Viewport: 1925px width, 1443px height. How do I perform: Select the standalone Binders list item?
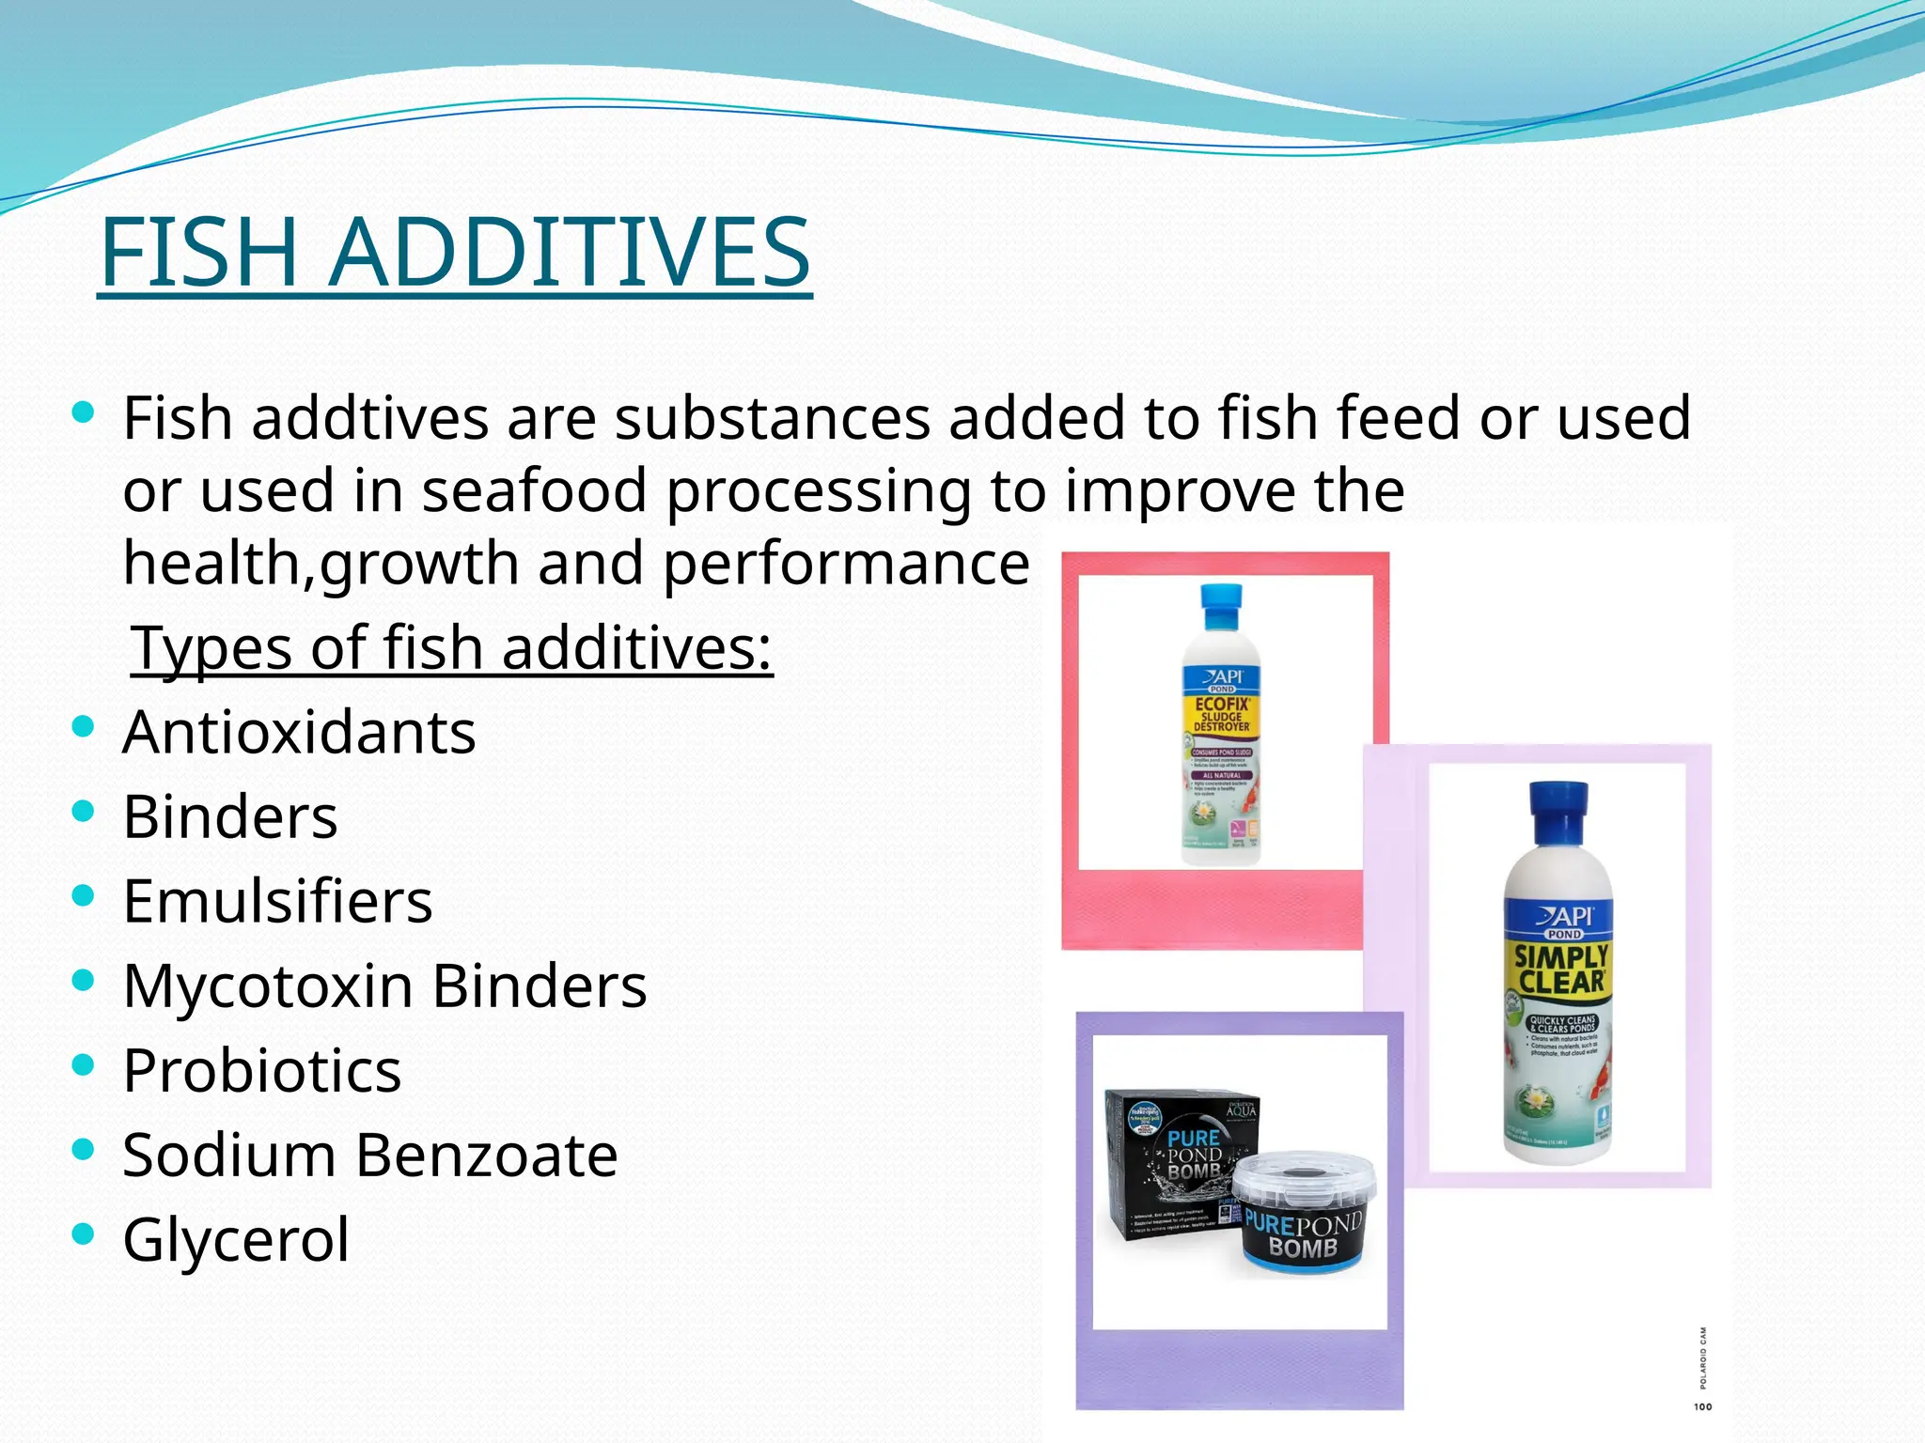[230, 816]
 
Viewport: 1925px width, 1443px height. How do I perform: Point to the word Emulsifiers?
[277, 901]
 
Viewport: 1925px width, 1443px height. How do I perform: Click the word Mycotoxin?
[268, 986]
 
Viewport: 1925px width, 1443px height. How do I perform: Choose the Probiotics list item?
[261, 1070]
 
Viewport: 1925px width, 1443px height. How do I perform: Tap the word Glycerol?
[236, 1239]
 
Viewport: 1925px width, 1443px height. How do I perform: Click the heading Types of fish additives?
[451, 648]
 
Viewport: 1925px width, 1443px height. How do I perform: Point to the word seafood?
[534, 490]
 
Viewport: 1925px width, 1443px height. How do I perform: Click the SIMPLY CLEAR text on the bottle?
[1561, 970]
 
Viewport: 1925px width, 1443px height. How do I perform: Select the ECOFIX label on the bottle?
[1222, 704]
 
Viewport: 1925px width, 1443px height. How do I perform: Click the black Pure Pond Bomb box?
[1175, 1165]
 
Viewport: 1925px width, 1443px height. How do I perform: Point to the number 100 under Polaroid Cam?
[1702, 1406]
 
